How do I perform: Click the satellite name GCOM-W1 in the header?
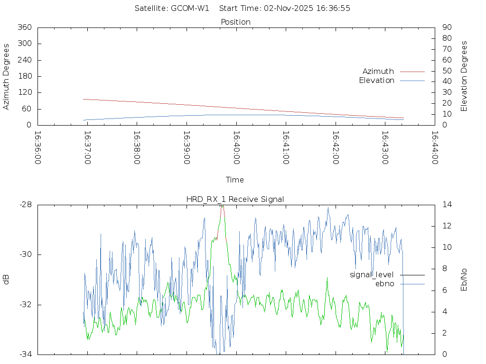pyautogui.click(x=190, y=8)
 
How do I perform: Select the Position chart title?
pyautogui.click(x=236, y=22)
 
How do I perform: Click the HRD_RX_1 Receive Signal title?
pyautogui.click(x=235, y=199)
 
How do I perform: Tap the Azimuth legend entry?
pyautogui.click(x=378, y=71)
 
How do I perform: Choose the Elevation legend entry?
pyautogui.click(x=376, y=81)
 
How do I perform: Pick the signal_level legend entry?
pyautogui.click(x=372, y=274)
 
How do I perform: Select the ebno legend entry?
pyautogui.click(x=384, y=283)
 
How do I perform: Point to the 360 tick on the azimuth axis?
pyautogui.click(x=24, y=27)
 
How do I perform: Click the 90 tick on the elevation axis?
pyautogui.click(x=446, y=27)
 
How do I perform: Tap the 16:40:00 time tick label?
pyautogui.click(x=236, y=147)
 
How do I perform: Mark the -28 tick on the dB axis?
pyautogui.click(x=25, y=205)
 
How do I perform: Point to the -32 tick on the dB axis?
pyautogui.click(x=25, y=304)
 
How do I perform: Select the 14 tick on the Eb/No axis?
pyautogui.click(x=447, y=205)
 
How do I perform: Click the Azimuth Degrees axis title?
pyautogui.click(x=7, y=76)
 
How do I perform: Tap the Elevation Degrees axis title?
pyautogui.click(x=465, y=76)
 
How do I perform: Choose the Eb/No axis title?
pyautogui.click(x=465, y=279)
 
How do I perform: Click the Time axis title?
pyautogui.click(x=235, y=180)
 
